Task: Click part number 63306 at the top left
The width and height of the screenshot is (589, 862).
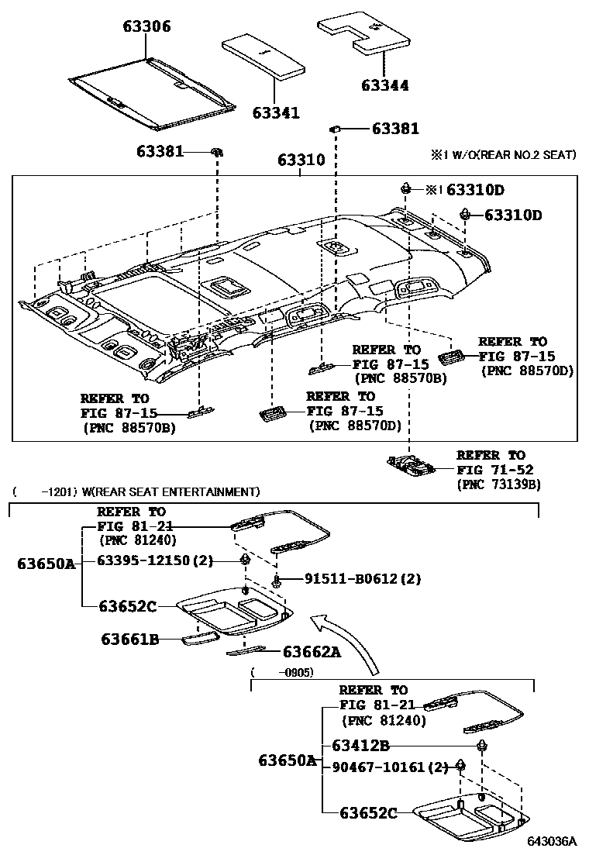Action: pos(146,27)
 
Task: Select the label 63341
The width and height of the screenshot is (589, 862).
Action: pos(275,113)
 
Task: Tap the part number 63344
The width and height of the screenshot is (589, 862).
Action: pos(385,86)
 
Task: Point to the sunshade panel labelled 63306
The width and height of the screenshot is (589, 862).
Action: pos(152,91)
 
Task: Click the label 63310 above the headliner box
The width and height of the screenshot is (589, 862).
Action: pos(301,161)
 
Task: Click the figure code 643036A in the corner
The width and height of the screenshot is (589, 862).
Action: pos(552,841)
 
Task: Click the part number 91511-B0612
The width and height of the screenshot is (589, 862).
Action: pos(344,579)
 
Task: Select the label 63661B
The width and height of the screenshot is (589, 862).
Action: pos(129,639)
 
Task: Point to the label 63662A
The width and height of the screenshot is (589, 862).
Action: pos(312,652)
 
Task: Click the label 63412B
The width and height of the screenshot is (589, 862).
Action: pos(360,746)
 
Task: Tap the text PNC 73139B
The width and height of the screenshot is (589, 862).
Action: pos(498,484)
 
